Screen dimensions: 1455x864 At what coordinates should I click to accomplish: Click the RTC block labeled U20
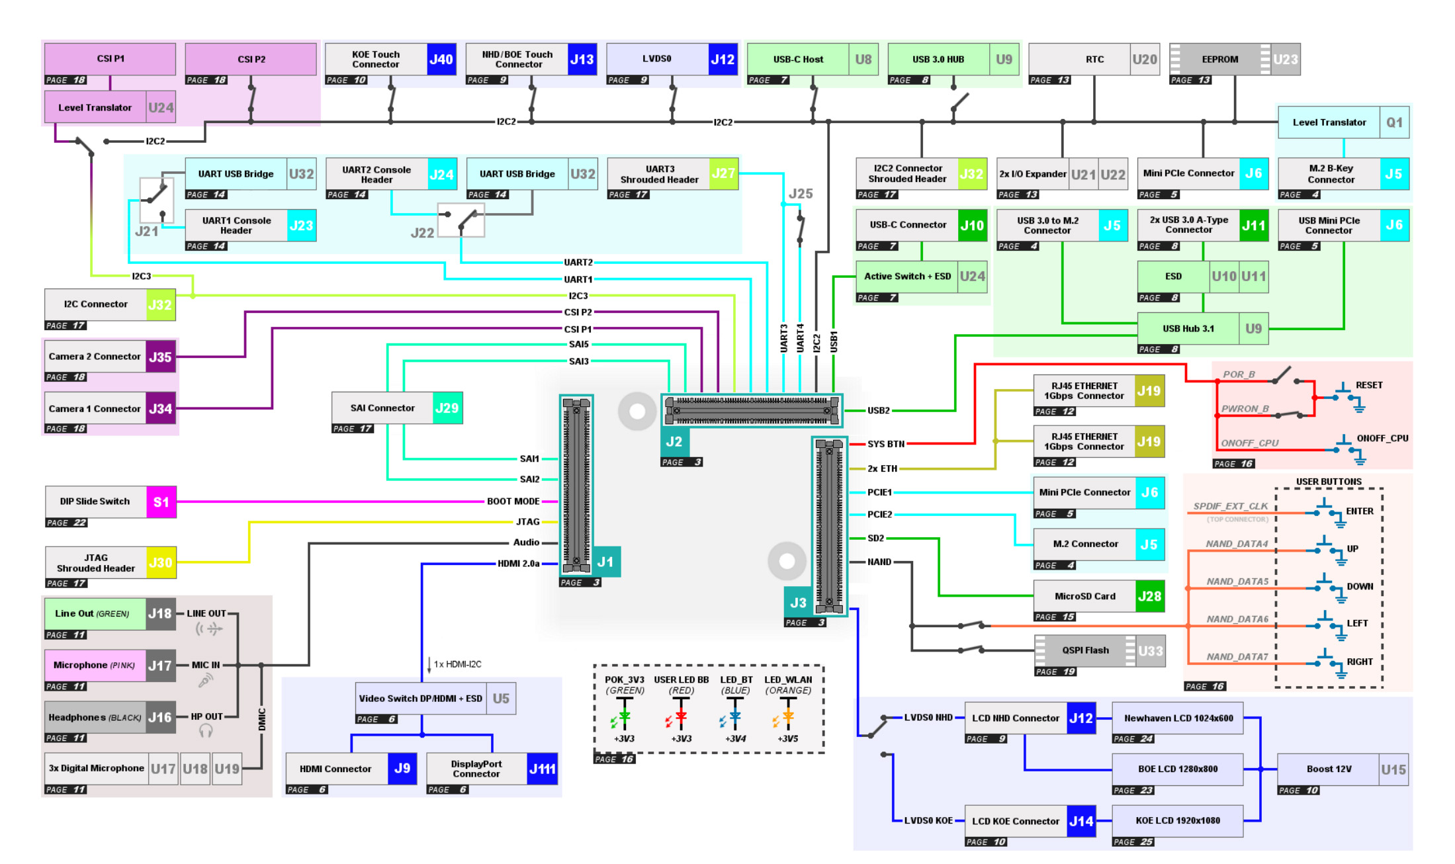pyautogui.click(x=1094, y=60)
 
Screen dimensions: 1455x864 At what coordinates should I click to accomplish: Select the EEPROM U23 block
pyautogui.click(x=1235, y=60)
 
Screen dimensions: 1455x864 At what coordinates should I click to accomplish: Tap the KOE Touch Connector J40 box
pyautogui.click(x=390, y=60)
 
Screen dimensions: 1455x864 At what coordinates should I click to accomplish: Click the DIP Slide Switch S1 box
pyautogui.click(x=110, y=502)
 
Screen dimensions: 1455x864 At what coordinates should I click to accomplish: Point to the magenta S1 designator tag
pyautogui.click(x=161, y=502)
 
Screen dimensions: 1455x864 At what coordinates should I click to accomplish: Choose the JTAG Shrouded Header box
pyautogui.click(x=110, y=563)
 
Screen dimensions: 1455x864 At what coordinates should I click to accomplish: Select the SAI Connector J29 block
pyautogui.click(x=397, y=408)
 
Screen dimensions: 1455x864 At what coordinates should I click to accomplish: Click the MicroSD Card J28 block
pyautogui.click(x=1099, y=596)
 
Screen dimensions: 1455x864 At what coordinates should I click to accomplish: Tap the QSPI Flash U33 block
pyautogui.click(x=1099, y=651)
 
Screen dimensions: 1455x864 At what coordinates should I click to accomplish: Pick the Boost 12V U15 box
pyautogui.click(x=1343, y=769)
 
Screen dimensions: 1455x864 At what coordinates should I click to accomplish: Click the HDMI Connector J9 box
pyautogui.click(x=351, y=769)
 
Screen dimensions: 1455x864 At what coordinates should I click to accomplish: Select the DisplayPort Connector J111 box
pyautogui.click(x=492, y=769)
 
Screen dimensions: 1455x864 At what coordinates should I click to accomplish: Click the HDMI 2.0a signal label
pyautogui.click(x=519, y=564)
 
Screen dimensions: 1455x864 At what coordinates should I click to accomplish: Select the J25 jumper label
pyautogui.click(x=801, y=194)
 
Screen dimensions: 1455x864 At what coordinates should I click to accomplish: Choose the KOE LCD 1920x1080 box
pyautogui.click(x=1178, y=821)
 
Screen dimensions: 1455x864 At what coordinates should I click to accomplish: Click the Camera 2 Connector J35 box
pyautogui.click(x=110, y=357)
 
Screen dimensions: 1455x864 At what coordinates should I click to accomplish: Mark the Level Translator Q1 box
pyautogui.click(x=1344, y=122)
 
